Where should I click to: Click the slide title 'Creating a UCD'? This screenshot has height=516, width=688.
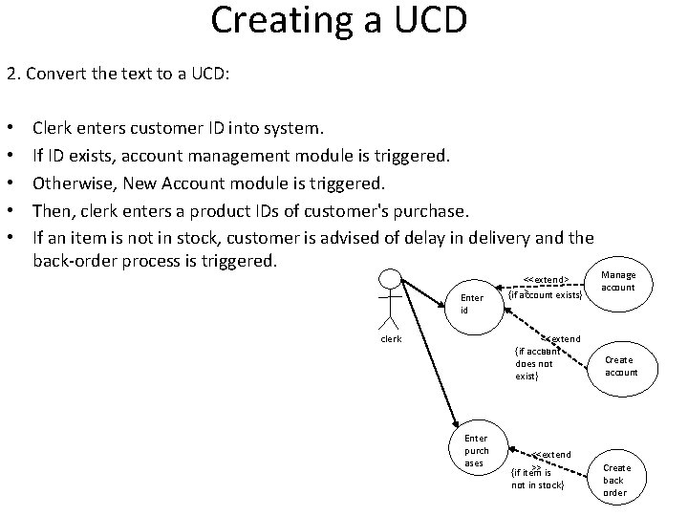pyautogui.click(x=339, y=21)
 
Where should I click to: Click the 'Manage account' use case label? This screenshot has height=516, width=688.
pyautogui.click(x=618, y=281)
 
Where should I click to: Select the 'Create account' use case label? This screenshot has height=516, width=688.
pyautogui.click(x=621, y=366)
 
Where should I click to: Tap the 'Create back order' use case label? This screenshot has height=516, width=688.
pyautogui.click(x=615, y=481)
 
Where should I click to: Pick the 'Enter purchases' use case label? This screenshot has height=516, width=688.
pyautogui.click(x=476, y=450)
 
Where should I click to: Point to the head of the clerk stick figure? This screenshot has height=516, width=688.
pyautogui.click(x=389, y=279)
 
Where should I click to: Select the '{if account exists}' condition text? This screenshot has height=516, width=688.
pyautogui.click(x=545, y=295)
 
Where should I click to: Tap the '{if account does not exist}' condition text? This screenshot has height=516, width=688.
pyautogui.click(x=534, y=364)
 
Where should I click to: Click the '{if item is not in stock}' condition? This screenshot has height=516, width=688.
pyautogui.click(x=538, y=479)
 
